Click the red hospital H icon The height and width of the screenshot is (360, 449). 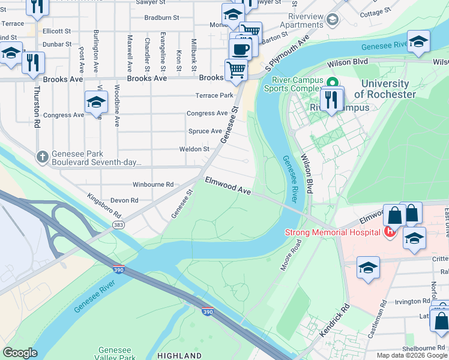click(390, 232)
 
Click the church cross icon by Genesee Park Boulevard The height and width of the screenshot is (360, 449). click(41, 157)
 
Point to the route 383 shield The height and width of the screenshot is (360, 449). click(118, 224)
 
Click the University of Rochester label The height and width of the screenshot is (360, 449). click(384, 89)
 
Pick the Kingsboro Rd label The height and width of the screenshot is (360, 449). click(104, 206)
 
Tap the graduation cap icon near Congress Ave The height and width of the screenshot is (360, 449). click(96, 103)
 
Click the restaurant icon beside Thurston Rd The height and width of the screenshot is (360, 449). click(33, 62)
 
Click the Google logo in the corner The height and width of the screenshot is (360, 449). click(21, 353)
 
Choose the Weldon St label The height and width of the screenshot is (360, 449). click(194, 149)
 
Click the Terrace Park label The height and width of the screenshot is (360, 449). click(214, 95)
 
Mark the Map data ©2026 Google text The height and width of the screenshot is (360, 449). click(411, 355)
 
